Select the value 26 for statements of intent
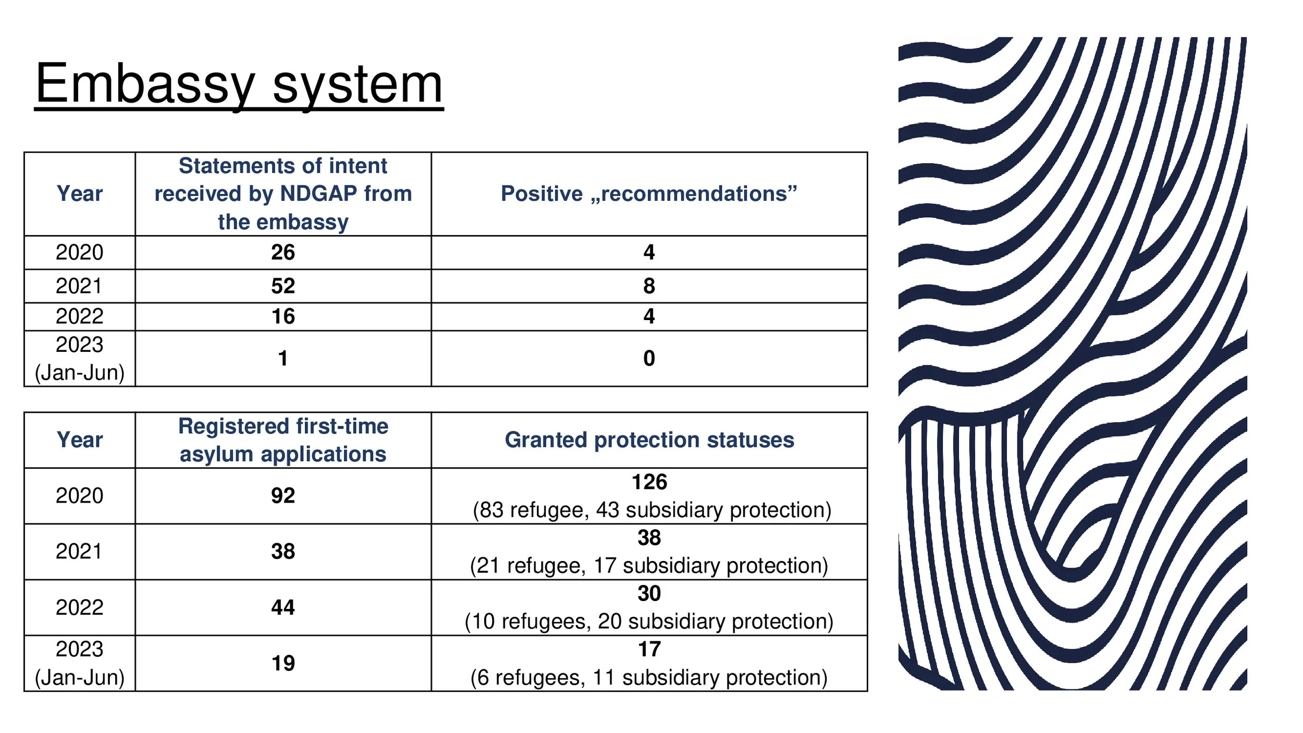pyautogui.click(x=283, y=252)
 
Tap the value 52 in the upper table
pyautogui.click(x=283, y=286)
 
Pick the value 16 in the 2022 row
pyautogui.click(x=283, y=316)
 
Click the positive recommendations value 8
pyautogui.click(x=649, y=286)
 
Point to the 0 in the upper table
pyautogui.click(x=649, y=358)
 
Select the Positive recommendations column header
pyautogui.click(x=649, y=193)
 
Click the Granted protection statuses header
pyautogui.click(x=649, y=440)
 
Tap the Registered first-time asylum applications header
pyautogui.click(x=283, y=440)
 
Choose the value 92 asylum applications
pyautogui.click(x=283, y=495)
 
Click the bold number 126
pyautogui.click(x=649, y=482)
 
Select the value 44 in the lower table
pyautogui.click(x=283, y=607)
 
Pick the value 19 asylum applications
pyautogui.click(x=283, y=663)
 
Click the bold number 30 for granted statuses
pyautogui.click(x=649, y=593)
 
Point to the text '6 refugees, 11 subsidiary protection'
pyautogui.click(x=649, y=678)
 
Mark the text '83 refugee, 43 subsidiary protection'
pyautogui.click(x=651, y=510)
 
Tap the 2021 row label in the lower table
pyautogui.click(x=79, y=551)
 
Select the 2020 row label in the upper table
pyautogui.click(x=79, y=252)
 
